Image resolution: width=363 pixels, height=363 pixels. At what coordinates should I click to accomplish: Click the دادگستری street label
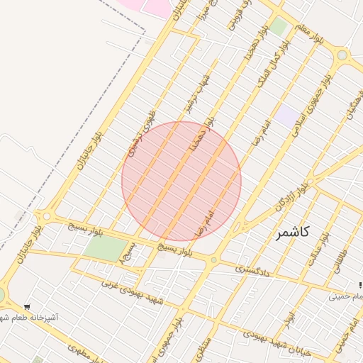point(252,269)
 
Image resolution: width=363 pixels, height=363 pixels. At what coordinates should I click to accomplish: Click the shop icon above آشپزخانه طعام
point(27,308)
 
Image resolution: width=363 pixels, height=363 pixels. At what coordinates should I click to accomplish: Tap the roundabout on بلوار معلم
point(342,55)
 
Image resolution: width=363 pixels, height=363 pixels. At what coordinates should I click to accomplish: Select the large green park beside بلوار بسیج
point(104,248)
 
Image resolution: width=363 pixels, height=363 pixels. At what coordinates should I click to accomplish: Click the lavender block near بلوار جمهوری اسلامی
point(287,115)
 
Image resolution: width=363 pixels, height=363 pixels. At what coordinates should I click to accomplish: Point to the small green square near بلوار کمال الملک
point(278,27)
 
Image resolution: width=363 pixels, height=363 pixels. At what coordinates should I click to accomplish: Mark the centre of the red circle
point(181,181)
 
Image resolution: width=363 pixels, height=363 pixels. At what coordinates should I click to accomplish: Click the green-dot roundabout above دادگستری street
point(213,261)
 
